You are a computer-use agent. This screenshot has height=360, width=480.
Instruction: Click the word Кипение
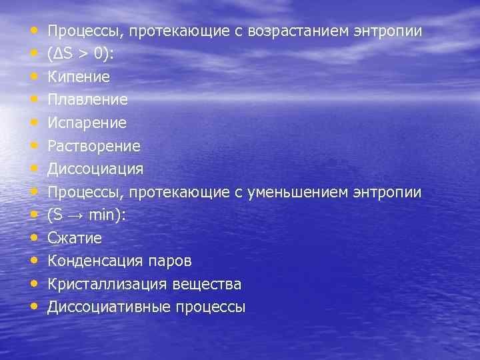(79, 77)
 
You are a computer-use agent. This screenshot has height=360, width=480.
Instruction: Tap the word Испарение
(87, 123)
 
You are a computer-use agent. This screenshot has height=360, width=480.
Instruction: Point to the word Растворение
(94, 146)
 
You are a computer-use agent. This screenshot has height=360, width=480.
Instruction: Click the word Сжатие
(75, 238)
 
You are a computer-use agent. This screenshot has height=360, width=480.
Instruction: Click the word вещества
(207, 284)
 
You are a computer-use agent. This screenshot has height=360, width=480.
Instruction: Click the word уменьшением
(289, 192)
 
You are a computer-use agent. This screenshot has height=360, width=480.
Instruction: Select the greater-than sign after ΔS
(81, 55)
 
